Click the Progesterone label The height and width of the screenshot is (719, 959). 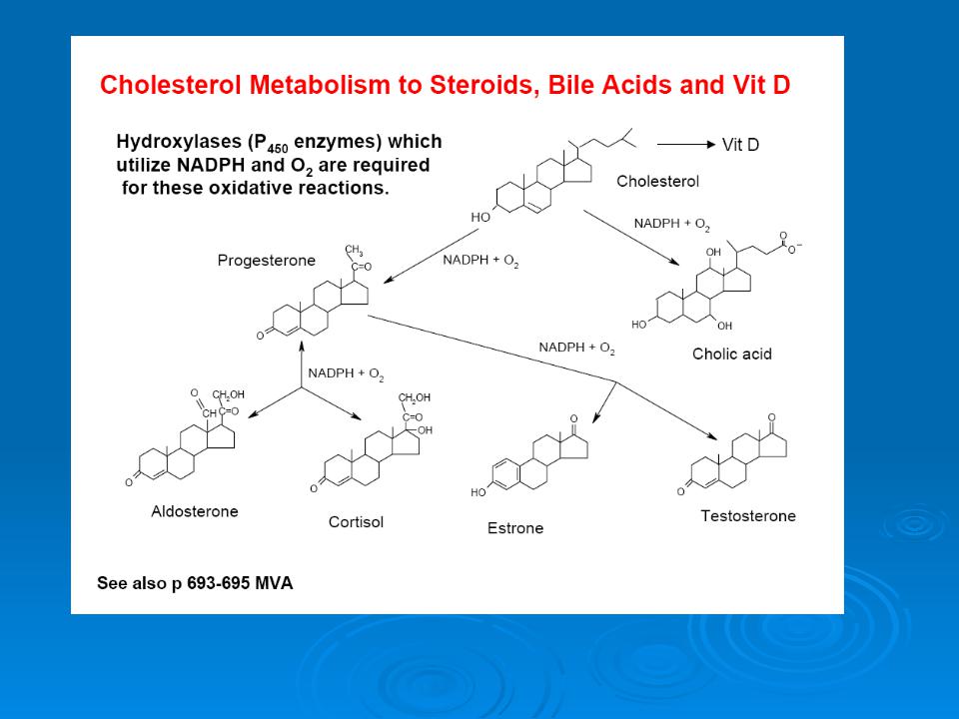pos(266,261)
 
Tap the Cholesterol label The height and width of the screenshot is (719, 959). pos(657,181)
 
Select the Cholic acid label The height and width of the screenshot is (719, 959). pos(732,354)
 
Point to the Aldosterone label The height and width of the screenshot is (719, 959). pos(195,511)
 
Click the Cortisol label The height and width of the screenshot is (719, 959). pos(356,522)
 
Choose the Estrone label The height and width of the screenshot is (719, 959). pos(515,528)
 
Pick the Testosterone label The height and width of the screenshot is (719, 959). pos(748,516)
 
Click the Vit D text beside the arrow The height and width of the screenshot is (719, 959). pos(740,145)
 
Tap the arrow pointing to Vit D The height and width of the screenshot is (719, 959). pos(686,144)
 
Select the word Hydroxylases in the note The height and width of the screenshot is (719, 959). pos(179,142)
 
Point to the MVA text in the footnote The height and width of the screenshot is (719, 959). pos(274,583)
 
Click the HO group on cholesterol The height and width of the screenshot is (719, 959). pos(480,217)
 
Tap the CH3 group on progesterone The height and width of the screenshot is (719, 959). pos(354,251)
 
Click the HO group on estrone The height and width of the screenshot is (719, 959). pos(479,492)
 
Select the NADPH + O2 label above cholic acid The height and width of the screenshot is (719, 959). pos(671,224)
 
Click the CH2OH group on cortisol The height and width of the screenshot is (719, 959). pos(414,398)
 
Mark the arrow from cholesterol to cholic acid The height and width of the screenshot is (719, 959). pos(631,238)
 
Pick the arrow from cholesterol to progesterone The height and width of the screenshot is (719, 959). pos(432,257)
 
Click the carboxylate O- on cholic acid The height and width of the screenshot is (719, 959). pos(794,249)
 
